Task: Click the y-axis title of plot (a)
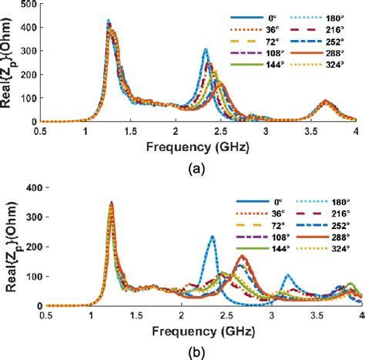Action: coord(10,62)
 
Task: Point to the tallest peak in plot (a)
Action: coord(109,22)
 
